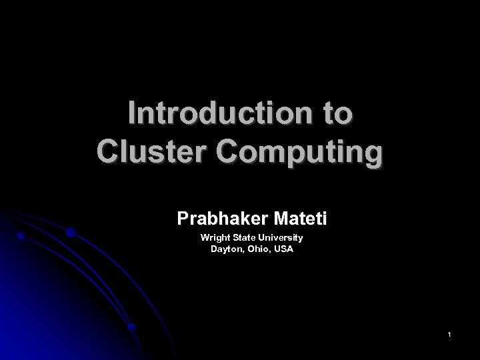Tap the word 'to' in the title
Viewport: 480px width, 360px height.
pos(334,114)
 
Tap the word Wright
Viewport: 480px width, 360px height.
pos(213,237)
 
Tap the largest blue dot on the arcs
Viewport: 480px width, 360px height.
pos(70,233)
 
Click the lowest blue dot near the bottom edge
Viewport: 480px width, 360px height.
pos(132,327)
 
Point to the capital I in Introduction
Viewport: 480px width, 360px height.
pos(133,114)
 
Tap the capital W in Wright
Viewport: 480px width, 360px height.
pos(205,237)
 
